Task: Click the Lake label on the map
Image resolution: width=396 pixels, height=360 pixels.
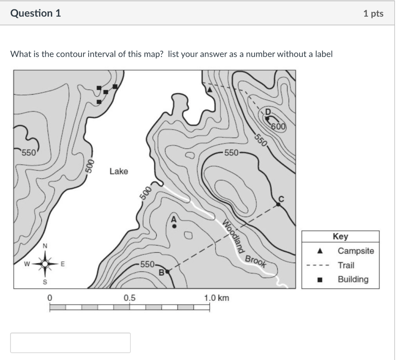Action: click(119, 171)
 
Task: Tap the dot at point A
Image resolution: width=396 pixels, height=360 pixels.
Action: click(174, 226)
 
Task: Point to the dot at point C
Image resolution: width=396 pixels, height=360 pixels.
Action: click(278, 204)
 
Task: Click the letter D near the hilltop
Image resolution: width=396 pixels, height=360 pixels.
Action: click(268, 112)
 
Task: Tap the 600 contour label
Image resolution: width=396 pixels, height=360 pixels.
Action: click(278, 127)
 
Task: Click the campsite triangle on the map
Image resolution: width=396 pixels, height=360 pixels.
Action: click(210, 90)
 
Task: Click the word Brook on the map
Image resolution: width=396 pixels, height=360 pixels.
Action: click(256, 262)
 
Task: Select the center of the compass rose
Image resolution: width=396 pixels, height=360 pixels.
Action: click(45, 264)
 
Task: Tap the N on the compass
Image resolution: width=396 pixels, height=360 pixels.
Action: click(45, 246)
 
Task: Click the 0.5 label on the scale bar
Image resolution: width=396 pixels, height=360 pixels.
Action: click(130, 298)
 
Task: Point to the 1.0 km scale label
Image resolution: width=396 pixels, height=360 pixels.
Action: click(217, 298)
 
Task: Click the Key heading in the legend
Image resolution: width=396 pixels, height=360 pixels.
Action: click(340, 236)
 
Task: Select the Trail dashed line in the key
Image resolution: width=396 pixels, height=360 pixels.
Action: click(318, 265)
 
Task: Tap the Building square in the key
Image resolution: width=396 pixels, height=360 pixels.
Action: click(320, 280)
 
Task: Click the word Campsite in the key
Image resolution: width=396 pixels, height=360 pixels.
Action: click(356, 251)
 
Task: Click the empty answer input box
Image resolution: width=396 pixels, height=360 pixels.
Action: click(70, 343)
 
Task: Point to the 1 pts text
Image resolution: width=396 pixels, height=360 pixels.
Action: click(373, 14)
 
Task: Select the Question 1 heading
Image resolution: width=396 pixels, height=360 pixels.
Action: click(36, 13)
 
